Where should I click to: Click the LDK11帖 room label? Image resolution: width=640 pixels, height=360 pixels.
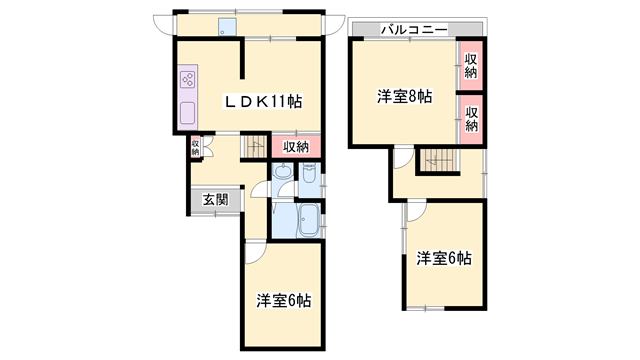click(x=263, y=101)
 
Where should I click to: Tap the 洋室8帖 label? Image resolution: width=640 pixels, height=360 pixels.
click(x=404, y=96)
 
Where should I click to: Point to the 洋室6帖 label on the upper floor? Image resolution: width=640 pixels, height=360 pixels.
click(x=444, y=258)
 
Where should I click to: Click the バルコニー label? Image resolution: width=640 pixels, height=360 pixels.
click(x=412, y=29)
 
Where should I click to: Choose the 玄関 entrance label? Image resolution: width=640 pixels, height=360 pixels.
click(x=215, y=199)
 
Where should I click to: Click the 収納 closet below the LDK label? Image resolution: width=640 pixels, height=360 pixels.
click(x=295, y=147)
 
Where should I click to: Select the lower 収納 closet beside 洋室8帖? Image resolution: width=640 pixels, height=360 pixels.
click(x=471, y=112)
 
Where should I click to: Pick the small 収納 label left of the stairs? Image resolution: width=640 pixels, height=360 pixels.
click(x=196, y=149)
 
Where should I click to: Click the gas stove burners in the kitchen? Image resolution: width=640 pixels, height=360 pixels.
click(x=188, y=78)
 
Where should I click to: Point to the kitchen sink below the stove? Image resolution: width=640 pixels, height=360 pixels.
click(x=187, y=112)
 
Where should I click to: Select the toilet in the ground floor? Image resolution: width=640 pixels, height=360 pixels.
click(x=309, y=180)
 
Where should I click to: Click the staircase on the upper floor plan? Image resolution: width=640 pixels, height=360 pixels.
click(x=436, y=159)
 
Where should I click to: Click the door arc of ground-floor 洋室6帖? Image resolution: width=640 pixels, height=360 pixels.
click(x=254, y=252)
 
